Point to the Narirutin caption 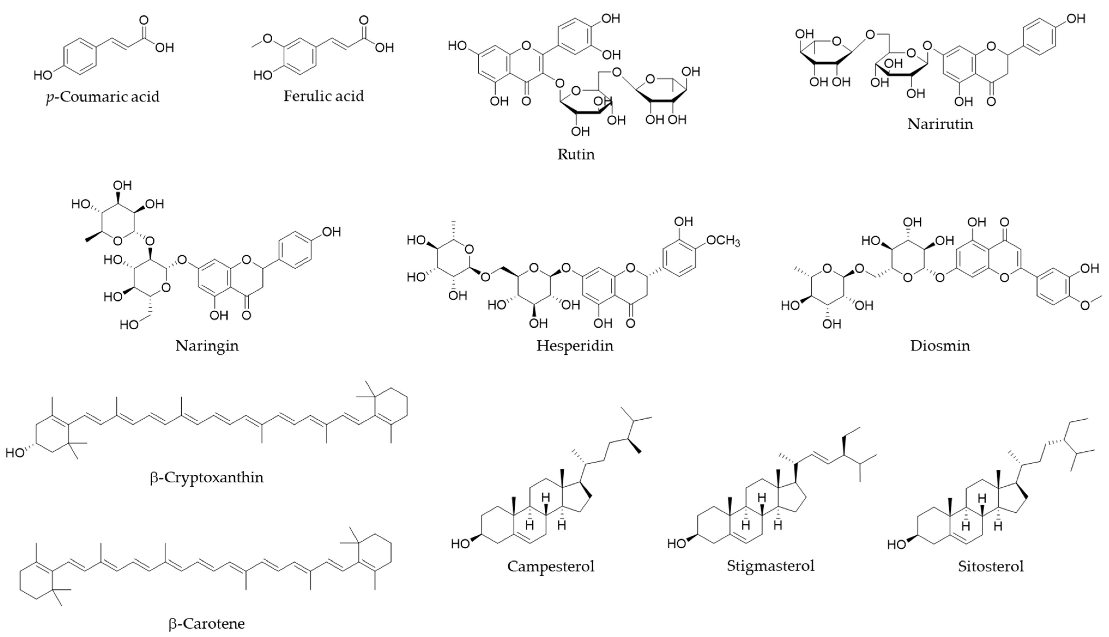940,124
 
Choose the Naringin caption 207,346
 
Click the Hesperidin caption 575,346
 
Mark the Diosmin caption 940,346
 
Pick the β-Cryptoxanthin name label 207,477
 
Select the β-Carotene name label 207,623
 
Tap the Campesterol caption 551,566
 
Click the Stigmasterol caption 770,566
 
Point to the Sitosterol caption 991,566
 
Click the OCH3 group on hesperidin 723,241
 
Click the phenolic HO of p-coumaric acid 43,75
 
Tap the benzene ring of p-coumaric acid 80,56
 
